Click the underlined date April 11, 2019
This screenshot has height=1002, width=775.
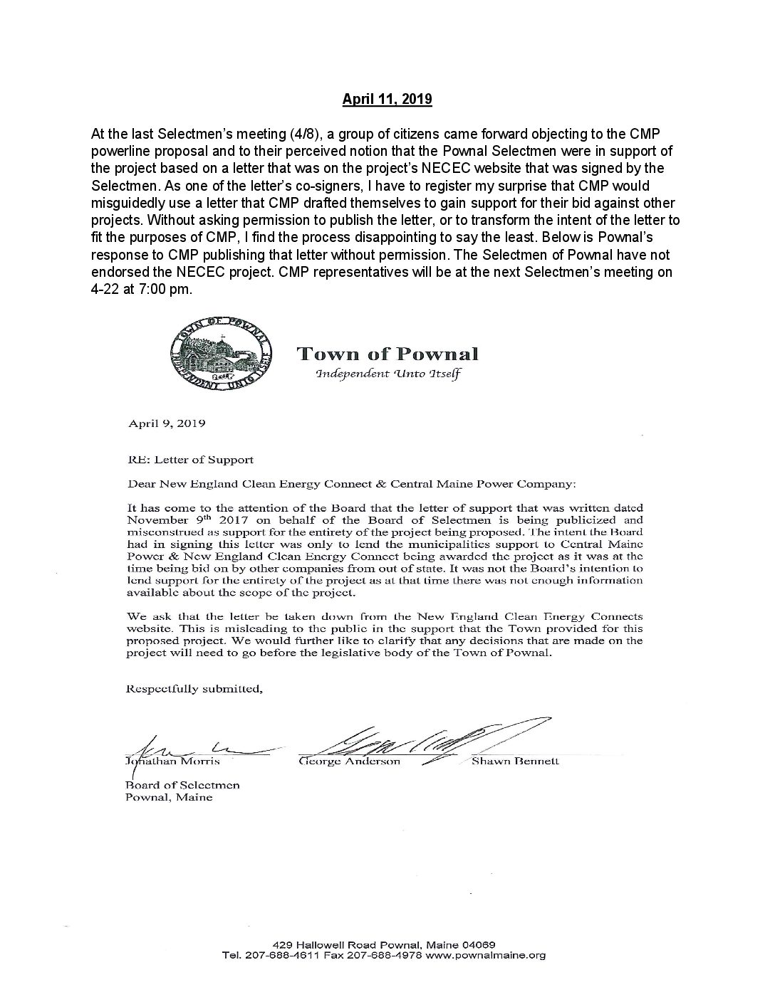[387, 100]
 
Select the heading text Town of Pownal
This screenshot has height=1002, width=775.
[387, 354]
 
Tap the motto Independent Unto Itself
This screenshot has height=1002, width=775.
[387, 374]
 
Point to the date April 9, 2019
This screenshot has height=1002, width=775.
[167, 423]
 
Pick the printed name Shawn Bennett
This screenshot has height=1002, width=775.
[515, 761]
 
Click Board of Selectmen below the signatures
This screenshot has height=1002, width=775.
[183, 785]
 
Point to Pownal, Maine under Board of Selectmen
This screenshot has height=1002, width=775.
[169, 797]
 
